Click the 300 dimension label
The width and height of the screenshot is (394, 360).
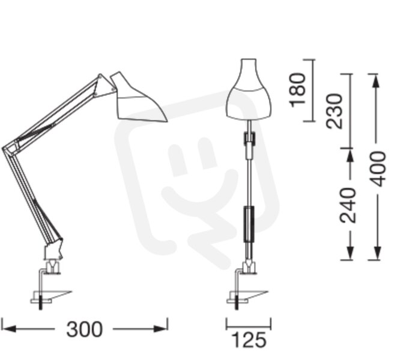(85, 329)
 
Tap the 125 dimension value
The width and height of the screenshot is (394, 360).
(249, 340)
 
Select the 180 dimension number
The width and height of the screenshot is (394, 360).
(298, 90)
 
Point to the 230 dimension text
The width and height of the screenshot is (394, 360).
(334, 111)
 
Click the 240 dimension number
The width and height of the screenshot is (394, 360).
(348, 205)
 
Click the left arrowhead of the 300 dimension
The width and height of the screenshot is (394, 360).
(9, 329)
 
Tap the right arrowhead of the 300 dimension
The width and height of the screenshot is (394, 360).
(160, 329)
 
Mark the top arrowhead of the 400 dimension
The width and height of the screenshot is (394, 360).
(376, 81)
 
